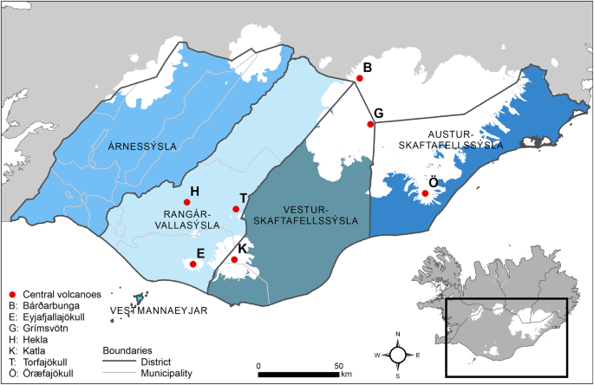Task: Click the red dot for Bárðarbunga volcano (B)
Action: click(359, 78)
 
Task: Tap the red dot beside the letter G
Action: click(370, 124)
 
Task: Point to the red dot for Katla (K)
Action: click(234, 259)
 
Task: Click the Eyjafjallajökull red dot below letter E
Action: click(193, 264)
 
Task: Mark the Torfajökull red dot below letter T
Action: click(236, 208)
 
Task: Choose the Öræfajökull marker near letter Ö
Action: click(426, 193)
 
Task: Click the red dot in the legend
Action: click(10, 293)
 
